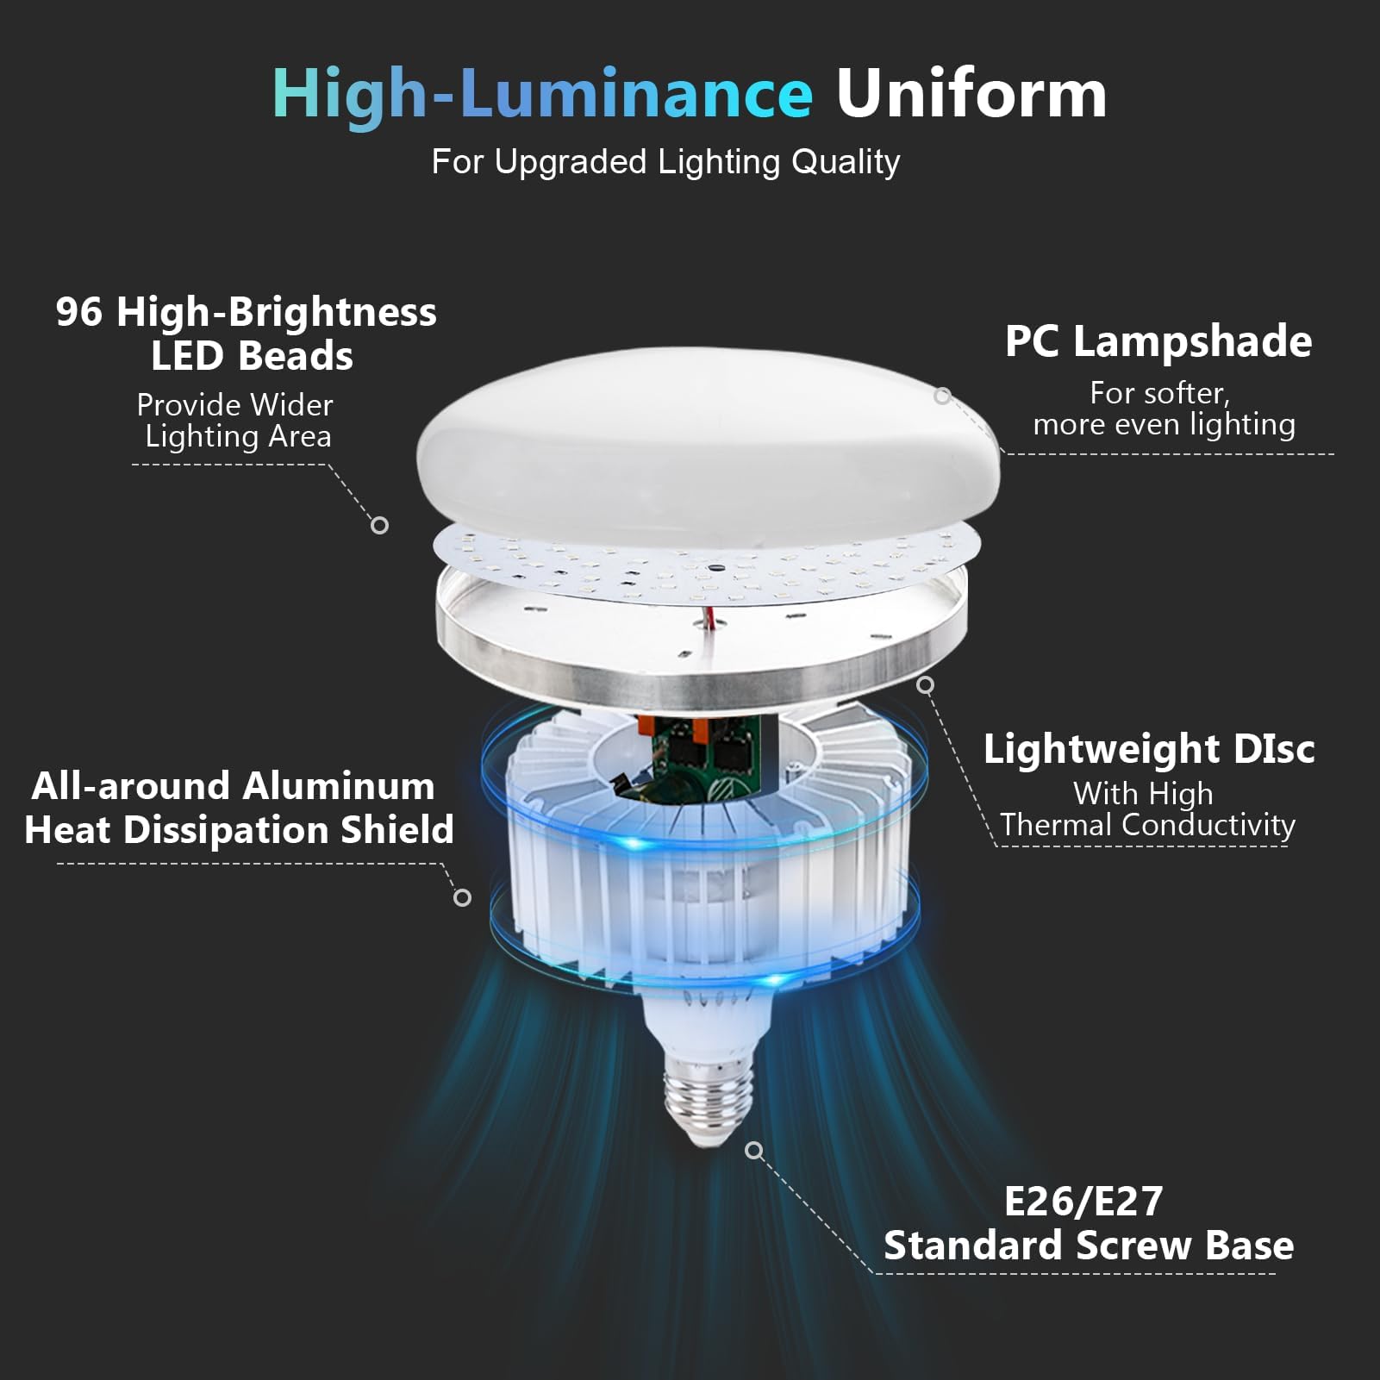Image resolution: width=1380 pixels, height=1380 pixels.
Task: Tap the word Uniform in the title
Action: tap(971, 93)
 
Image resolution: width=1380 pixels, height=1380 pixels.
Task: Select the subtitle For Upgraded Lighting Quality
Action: tap(665, 162)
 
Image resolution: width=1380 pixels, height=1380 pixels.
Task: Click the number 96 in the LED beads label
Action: tap(79, 312)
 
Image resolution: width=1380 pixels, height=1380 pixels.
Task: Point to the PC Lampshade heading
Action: tap(1158, 342)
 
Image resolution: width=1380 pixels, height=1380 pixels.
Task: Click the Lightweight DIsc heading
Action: tap(1149, 750)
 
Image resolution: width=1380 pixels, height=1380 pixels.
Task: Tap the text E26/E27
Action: tap(1083, 1202)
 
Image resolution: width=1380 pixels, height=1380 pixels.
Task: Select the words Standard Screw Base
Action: tap(1089, 1246)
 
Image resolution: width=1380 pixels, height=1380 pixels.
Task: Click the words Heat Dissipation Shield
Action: tap(239, 830)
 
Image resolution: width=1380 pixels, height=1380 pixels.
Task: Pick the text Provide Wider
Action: tap(234, 404)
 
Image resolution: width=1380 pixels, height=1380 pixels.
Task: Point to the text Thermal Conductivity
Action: tap(1147, 826)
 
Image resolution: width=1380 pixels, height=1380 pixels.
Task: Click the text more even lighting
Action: tap(1164, 424)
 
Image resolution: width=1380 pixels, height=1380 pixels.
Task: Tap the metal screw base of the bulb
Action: tap(709, 1102)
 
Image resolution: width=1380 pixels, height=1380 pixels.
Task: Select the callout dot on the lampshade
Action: tap(943, 396)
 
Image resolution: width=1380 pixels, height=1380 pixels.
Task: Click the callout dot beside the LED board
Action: tap(379, 525)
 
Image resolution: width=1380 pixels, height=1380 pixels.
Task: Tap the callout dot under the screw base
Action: tap(754, 1151)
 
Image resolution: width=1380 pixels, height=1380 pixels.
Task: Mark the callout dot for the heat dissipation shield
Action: tap(463, 898)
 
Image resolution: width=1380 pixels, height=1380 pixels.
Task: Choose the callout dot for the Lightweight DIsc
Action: tap(926, 685)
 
